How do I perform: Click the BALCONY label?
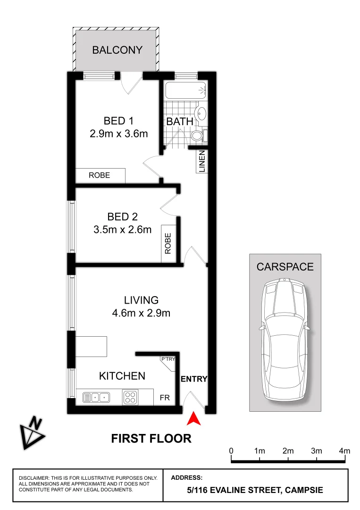click(117, 50)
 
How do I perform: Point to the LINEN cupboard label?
click(201, 161)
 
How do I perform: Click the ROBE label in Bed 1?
click(100, 175)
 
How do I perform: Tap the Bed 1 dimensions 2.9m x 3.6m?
click(119, 134)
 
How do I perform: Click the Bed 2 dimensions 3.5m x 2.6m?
click(122, 230)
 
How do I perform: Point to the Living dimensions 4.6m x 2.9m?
click(141, 313)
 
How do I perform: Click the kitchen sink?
click(97, 397)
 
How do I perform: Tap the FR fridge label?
click(165, 398)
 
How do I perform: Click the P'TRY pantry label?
click(168, 359)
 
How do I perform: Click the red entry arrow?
click(194, 418)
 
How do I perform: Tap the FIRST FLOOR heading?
click(151, 438)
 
